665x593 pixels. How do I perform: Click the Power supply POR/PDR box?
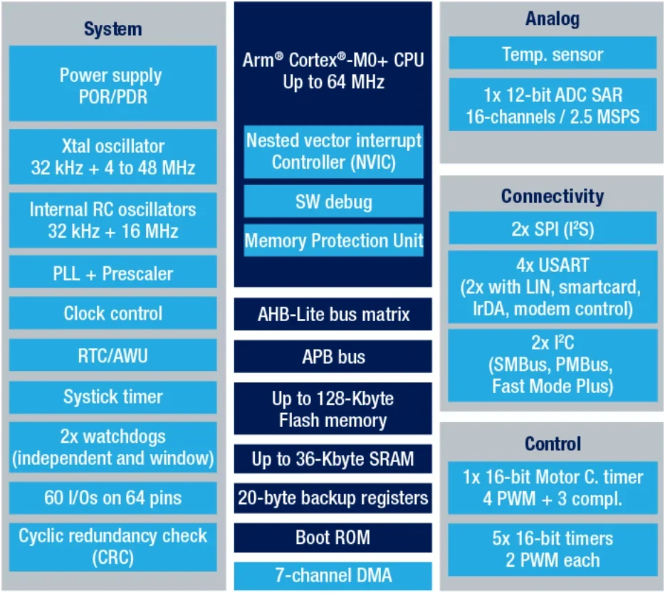(x=112, y=85)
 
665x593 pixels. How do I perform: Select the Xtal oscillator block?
(x=112, y=157)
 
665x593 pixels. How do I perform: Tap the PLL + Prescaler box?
(x=112, y=273)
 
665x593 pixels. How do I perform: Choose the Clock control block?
(x=112, y=313)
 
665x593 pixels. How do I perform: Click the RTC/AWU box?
(x=112, y=355)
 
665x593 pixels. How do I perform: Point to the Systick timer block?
(x=112, y=397)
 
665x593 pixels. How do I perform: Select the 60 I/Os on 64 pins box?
(x=112, y=497)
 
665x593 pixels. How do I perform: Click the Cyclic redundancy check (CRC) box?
(x=112, y=546)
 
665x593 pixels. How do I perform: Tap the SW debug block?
(x=333, y=201)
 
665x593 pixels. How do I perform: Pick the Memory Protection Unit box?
(x=333, y=241)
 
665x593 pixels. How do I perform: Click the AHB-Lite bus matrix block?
(x=333, y=314)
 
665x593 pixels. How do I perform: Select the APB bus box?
(x=333, y=356)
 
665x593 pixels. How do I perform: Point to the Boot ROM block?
(x=333, y=537)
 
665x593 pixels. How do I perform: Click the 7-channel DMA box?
(x=333, y=575)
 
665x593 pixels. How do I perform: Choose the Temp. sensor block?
(x=553, y=55)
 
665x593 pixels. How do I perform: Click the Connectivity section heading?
(x=553, y=196)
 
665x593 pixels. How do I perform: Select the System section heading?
(x=112, y=29)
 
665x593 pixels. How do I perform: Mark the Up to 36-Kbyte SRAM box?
(x=333, y=459)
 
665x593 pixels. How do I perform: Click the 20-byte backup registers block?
(x=333, y=498)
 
